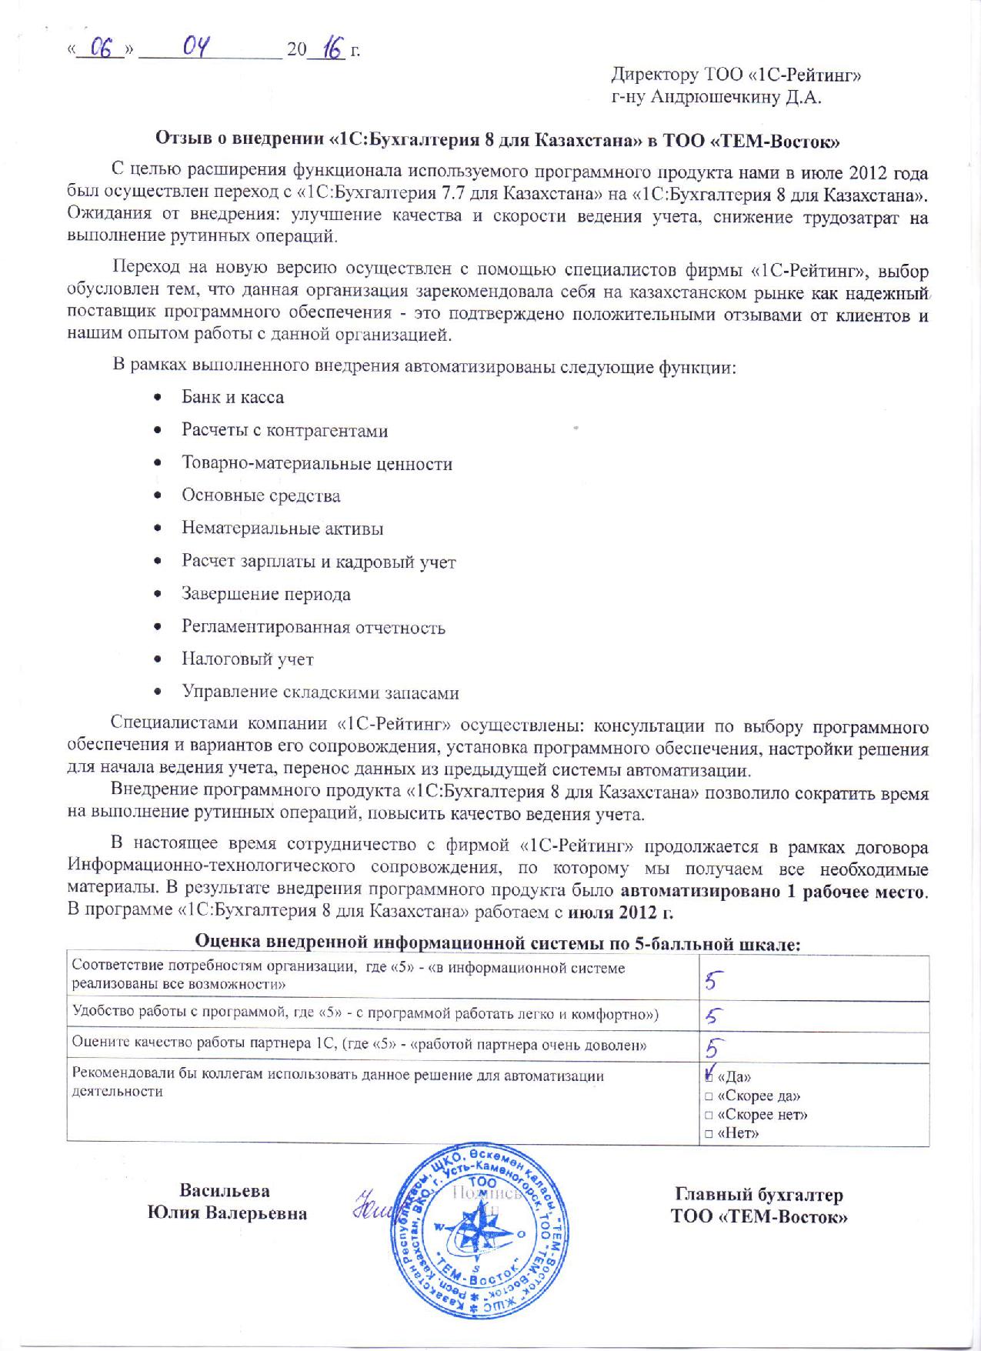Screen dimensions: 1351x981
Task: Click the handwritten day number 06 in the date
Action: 103,49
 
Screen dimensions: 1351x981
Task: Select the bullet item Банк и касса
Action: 232,398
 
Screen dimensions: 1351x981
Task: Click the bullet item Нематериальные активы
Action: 282,529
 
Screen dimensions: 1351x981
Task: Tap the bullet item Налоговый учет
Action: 247,659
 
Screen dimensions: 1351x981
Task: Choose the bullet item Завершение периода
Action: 265,594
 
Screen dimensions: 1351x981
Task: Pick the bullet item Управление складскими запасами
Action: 320,692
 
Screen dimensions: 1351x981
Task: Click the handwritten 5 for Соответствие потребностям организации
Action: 713,980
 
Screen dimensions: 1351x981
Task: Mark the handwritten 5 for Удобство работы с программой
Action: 712,1017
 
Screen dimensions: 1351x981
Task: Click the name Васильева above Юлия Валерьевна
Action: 225,1191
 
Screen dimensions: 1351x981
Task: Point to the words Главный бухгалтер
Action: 759,1195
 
